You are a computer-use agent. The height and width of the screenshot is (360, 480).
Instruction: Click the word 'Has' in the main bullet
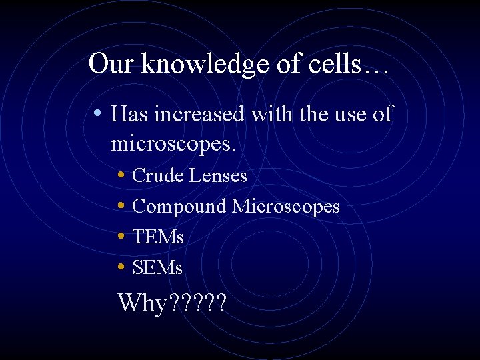(129, 114)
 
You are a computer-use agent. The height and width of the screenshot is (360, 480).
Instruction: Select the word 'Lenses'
(218, 175)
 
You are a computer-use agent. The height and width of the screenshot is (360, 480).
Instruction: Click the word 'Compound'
(180, 207)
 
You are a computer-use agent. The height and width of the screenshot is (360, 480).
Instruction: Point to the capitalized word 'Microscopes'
(286, 207)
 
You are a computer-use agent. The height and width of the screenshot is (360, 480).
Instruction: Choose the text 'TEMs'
(158, 237)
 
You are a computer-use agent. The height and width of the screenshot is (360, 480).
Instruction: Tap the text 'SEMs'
(157, 267)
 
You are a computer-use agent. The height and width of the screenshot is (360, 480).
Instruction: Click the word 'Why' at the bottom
(143, 303)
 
